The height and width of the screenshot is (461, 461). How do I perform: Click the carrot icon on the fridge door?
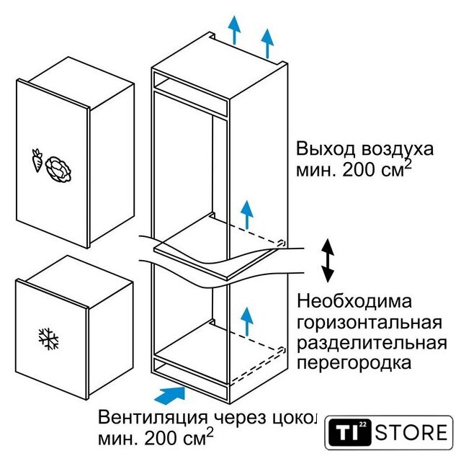[37, 160]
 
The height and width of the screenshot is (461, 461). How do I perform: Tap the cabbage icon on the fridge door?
[59, 170]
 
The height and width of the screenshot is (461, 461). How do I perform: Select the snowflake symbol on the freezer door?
[48, 339]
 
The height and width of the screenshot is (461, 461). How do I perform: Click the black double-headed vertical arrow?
[328, 261]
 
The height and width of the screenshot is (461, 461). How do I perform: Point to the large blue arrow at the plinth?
[170, 395]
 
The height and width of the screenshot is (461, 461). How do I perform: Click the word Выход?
[326, 149]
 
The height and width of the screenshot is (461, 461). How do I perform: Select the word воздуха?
[398, 150]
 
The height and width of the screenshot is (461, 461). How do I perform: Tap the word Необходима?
[354, 301]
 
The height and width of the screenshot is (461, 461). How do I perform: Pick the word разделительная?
[372, 343]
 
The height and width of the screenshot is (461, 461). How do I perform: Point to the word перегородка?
[354, 363]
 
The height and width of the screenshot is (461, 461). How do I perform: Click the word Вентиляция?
[153, 418]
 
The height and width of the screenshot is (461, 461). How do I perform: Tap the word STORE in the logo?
[411, 432]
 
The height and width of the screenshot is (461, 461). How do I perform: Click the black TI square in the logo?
[349, 432]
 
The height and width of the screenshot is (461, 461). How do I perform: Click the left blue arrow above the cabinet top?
[234, 30]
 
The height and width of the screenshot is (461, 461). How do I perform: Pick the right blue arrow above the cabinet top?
[267, 43]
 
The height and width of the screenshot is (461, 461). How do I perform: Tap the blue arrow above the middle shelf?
[247, 215]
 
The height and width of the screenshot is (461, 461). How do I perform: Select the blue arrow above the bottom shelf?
[247, 321]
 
